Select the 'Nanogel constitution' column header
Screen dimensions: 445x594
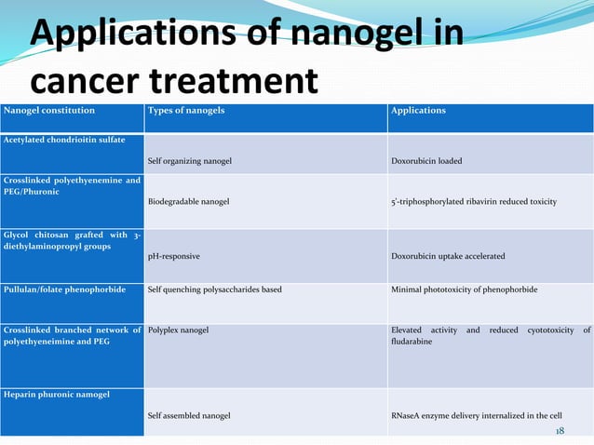click(x=47, y=111)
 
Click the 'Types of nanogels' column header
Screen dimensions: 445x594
click(x=186, y=111)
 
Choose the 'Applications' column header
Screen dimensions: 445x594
click(x=418, y=111)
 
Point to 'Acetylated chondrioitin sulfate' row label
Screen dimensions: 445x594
click(x=65, y=139)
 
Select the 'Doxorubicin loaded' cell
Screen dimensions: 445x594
click(x=426, y=160)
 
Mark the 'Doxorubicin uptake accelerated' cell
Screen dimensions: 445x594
click(x=448, y=254)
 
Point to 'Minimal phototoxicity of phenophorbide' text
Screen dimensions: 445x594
click(x=464, y=290)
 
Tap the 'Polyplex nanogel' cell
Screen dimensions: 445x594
click(x=178, y=330)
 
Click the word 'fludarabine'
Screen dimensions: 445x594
click(x=412, y=342)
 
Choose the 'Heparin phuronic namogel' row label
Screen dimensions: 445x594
click(x=56, y=394)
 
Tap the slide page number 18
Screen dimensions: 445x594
click(x=560, y=431)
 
